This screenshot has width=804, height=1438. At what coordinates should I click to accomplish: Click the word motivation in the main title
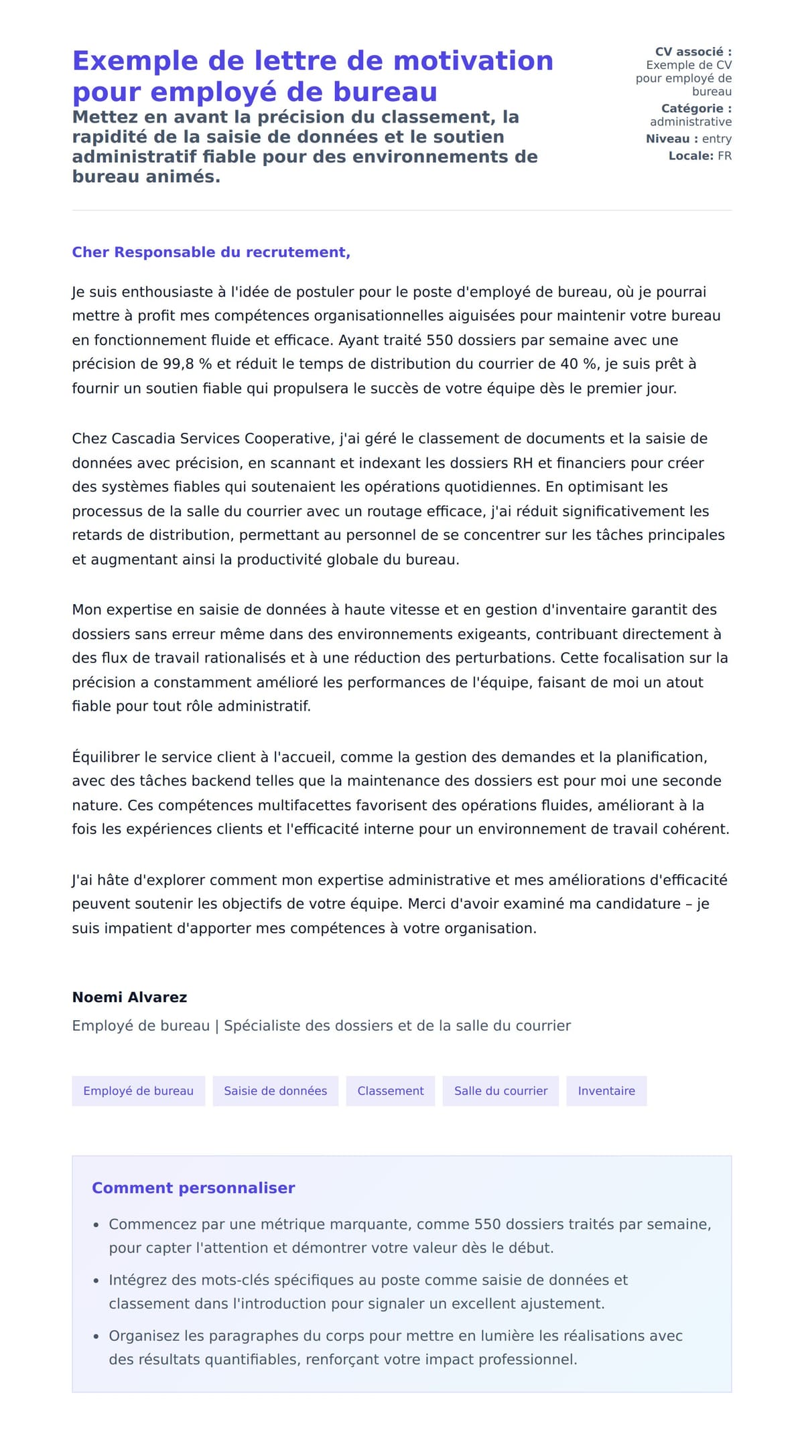[x=472, y=61]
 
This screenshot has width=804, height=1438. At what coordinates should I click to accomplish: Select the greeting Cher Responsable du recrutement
[x=211, y=253]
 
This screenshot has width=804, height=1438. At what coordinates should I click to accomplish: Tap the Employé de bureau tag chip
[x=138, y=1091]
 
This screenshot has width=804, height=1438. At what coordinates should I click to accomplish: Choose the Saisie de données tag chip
[x=275, y=1091]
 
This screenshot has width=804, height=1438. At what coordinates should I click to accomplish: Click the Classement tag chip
[x=390, y=1091]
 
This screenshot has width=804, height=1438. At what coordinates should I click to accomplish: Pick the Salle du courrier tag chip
[x=500, y=1091]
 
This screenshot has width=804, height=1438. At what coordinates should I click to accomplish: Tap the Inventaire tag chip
[x=606, y=1091]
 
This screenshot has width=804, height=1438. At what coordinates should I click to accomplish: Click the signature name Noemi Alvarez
[x=129, y=997]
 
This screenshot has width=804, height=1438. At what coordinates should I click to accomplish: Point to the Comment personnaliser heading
[x=193, y=1188]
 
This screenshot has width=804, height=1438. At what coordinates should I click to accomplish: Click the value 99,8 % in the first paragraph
[x=187, y=364]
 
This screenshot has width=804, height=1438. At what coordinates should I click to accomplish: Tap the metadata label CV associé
[x=693, y=52]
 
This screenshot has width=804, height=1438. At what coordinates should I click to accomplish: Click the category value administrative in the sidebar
[x=690, y=122]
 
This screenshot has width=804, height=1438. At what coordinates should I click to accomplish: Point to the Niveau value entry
[x=716, y=139]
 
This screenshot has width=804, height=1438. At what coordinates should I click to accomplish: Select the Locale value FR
[x=724, y=156]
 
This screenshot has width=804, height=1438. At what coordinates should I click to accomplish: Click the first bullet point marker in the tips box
[x=96, y=1225]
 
